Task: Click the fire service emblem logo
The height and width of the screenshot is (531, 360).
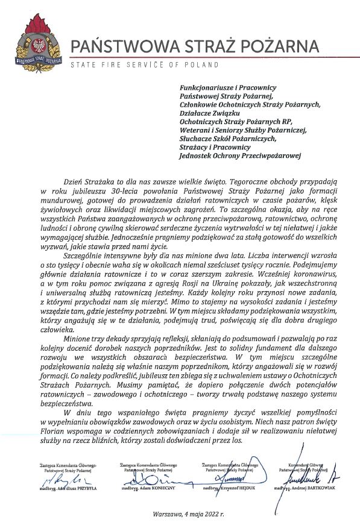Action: pos(38,39)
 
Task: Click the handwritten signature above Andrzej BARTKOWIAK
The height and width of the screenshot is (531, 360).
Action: pos(311,476)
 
